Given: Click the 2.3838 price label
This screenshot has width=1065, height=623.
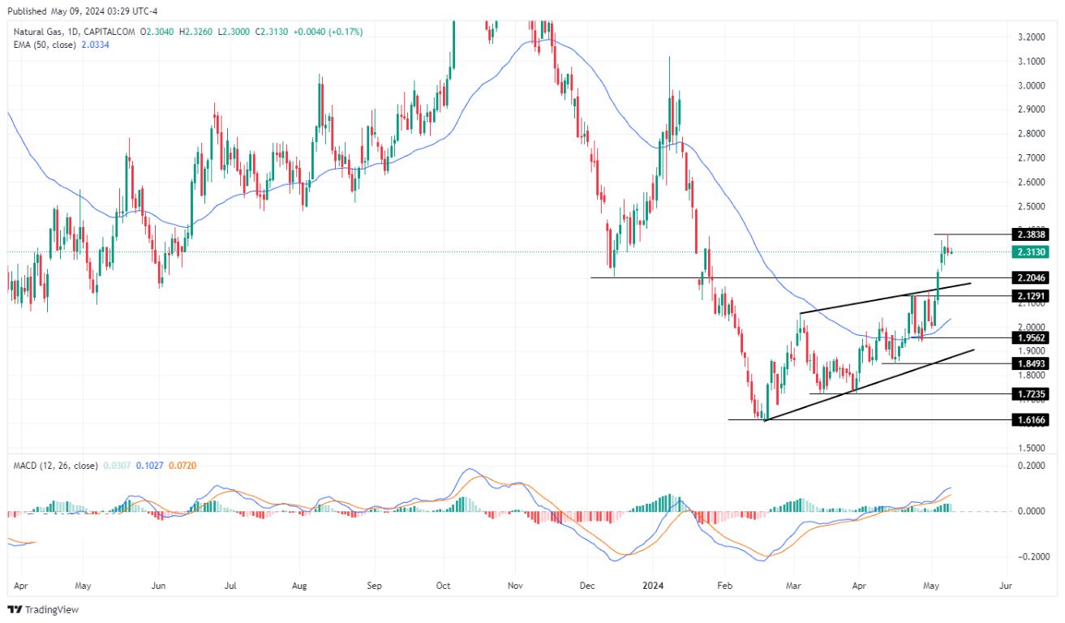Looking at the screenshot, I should (x=1032, y=234).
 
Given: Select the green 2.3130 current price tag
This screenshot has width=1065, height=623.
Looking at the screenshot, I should (x=1032, y=252).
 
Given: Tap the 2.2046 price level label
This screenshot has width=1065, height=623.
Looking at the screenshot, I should (x=1032, y=277).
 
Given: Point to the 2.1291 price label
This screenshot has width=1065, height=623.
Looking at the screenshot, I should (x=1032, y=296).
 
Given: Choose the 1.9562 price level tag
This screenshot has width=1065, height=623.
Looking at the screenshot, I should (x=1032, y=337).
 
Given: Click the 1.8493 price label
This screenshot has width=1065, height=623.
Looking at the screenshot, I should (x=1032, y=363).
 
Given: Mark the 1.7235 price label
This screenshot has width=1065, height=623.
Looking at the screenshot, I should (x=1032, y=393).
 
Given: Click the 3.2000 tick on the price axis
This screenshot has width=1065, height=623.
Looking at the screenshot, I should (x=1031, y=37).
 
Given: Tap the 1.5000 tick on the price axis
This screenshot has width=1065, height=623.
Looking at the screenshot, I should (x=1031, y=448).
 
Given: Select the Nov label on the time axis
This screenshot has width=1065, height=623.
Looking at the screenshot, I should (x=514, y=583).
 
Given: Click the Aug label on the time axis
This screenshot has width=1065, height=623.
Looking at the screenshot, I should (x=299, y=583).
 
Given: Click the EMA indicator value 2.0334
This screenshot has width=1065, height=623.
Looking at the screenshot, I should (x=94, y=45).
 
